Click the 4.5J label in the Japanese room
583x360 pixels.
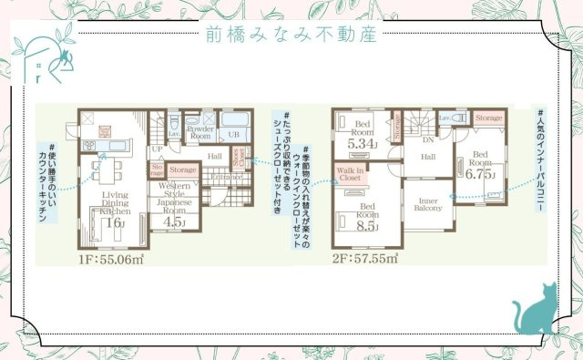pyautogui.click(x=172, y=221)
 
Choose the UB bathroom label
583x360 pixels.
pyautogui.click(x=233, y=135)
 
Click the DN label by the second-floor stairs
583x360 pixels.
pyautogui.click(x=427, y=140)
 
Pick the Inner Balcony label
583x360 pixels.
pyautogui.click(x=429, y=205)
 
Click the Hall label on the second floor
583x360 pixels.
pyautogui.click(x=428, y=157)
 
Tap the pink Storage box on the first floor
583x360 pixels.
pyautogui.click(x=183, y=170)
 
